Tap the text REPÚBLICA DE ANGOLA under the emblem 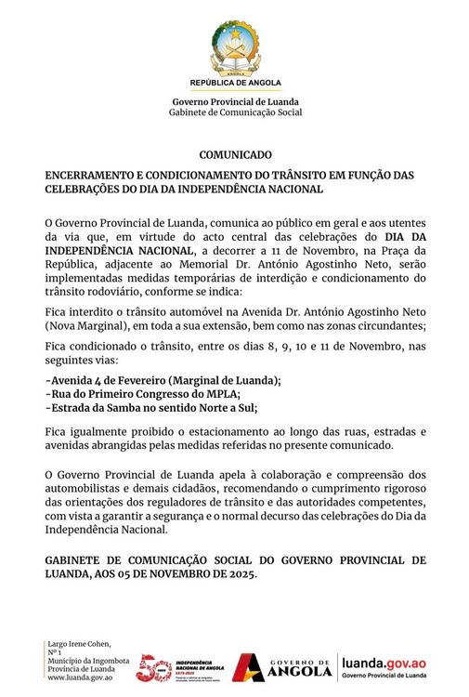click(x=234, y=84)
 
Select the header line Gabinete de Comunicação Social click(x=235, y=112)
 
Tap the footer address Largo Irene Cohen click(x=79, y=643)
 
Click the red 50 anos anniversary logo click(x=152, y=666)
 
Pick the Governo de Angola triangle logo click(x=248, y=667)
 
